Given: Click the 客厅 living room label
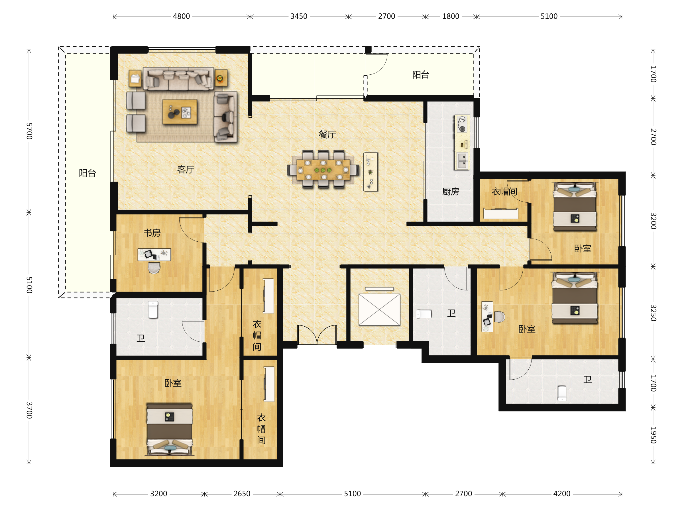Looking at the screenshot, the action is point(186,170).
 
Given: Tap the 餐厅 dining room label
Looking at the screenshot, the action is point(327,135).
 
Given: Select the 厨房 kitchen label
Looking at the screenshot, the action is point(451,192).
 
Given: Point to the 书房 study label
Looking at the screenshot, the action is point(152,233).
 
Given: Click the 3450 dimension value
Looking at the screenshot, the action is point(299,17).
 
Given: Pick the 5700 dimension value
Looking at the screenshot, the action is point(29,131).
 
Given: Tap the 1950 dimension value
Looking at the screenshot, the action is point(653,435).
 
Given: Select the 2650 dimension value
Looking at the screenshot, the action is point(242,494).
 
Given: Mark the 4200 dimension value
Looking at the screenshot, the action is point(562,494).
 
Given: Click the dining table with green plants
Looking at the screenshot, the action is point(323,170).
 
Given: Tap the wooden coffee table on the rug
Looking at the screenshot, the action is point(180,112).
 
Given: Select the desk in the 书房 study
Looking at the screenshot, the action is point(154,255).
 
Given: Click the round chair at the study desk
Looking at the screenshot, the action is point(154,268).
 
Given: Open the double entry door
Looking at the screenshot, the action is point(317,335).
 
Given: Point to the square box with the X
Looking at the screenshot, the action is point(379,310).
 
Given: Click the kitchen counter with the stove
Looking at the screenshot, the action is point(462,142).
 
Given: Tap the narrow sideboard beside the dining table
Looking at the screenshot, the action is point(370,172).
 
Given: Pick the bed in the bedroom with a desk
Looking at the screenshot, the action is point(575,298).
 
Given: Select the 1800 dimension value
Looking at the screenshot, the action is point(451,17).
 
